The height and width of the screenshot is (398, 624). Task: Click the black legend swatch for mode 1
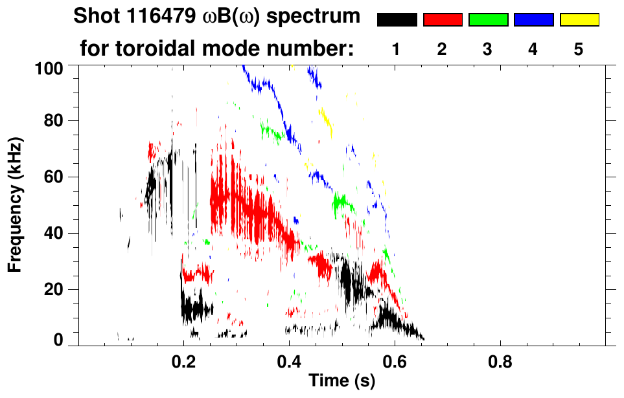coord(397,20)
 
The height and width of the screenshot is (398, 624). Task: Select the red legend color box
coord(443,20)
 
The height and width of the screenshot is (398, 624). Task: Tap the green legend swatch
coord(488,20)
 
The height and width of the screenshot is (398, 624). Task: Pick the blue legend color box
coord(533,20)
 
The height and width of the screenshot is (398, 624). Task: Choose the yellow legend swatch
coord(579,20)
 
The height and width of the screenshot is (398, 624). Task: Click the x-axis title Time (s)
coord(341,381)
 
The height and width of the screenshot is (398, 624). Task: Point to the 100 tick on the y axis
coord(49,67)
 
